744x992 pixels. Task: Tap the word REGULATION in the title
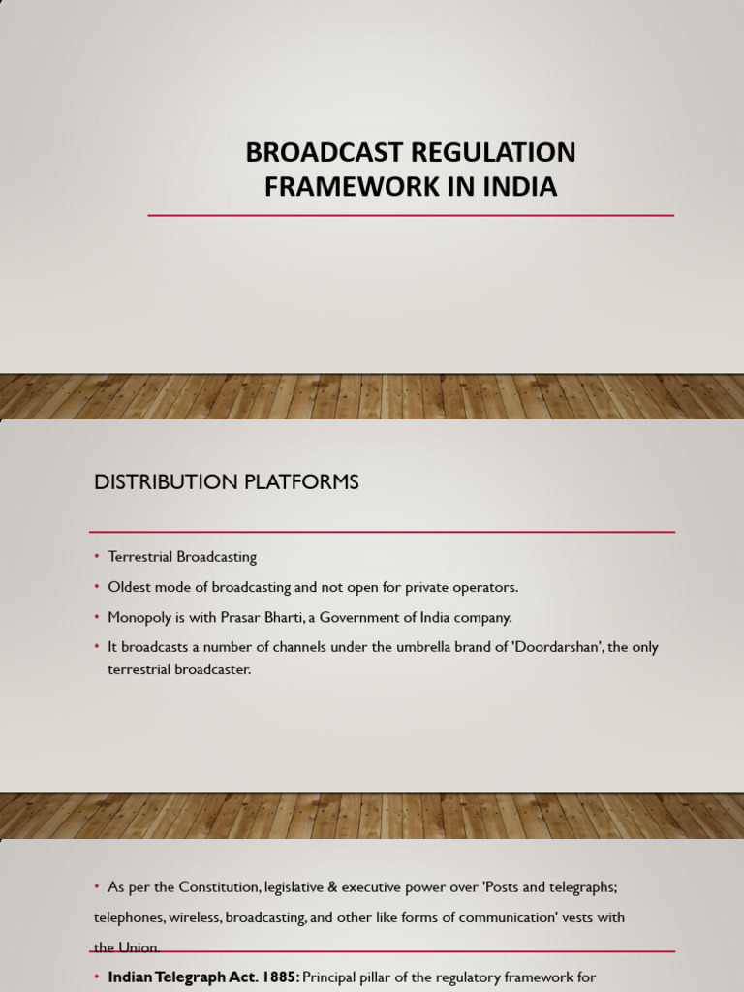point(493,152)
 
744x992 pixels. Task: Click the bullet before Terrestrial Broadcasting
point(97,556)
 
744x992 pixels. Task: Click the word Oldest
point(129,587)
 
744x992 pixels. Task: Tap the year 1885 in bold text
point(280,977)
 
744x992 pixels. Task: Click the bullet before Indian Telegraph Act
point(97,976)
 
